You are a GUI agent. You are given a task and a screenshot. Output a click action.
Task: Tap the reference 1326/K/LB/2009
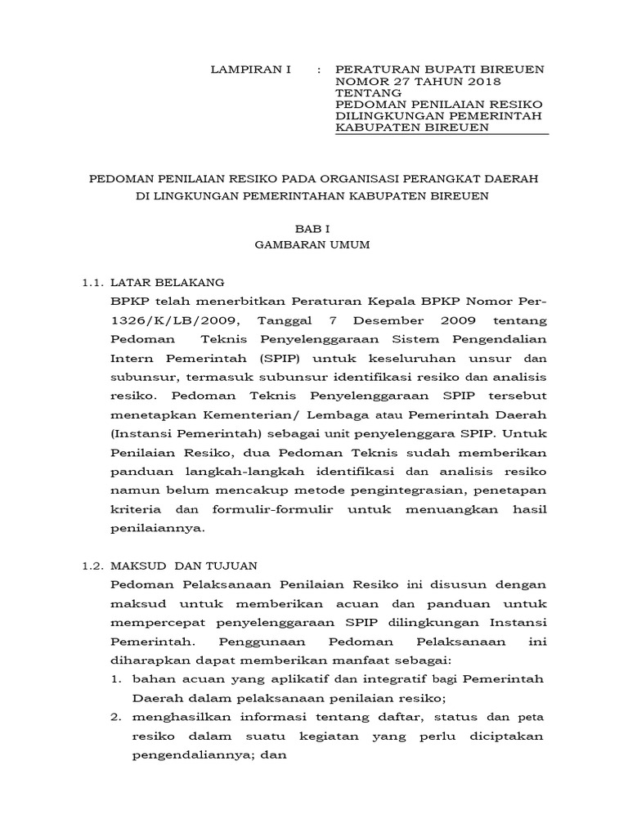click(x=168, y=320)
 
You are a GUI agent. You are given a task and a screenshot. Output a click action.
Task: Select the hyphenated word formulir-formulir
click(x=286, y=509)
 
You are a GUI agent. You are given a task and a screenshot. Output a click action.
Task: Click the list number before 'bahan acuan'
click(x=116, y=679)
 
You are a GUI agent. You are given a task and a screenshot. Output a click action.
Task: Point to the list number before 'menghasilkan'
click(x=116, y=717)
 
